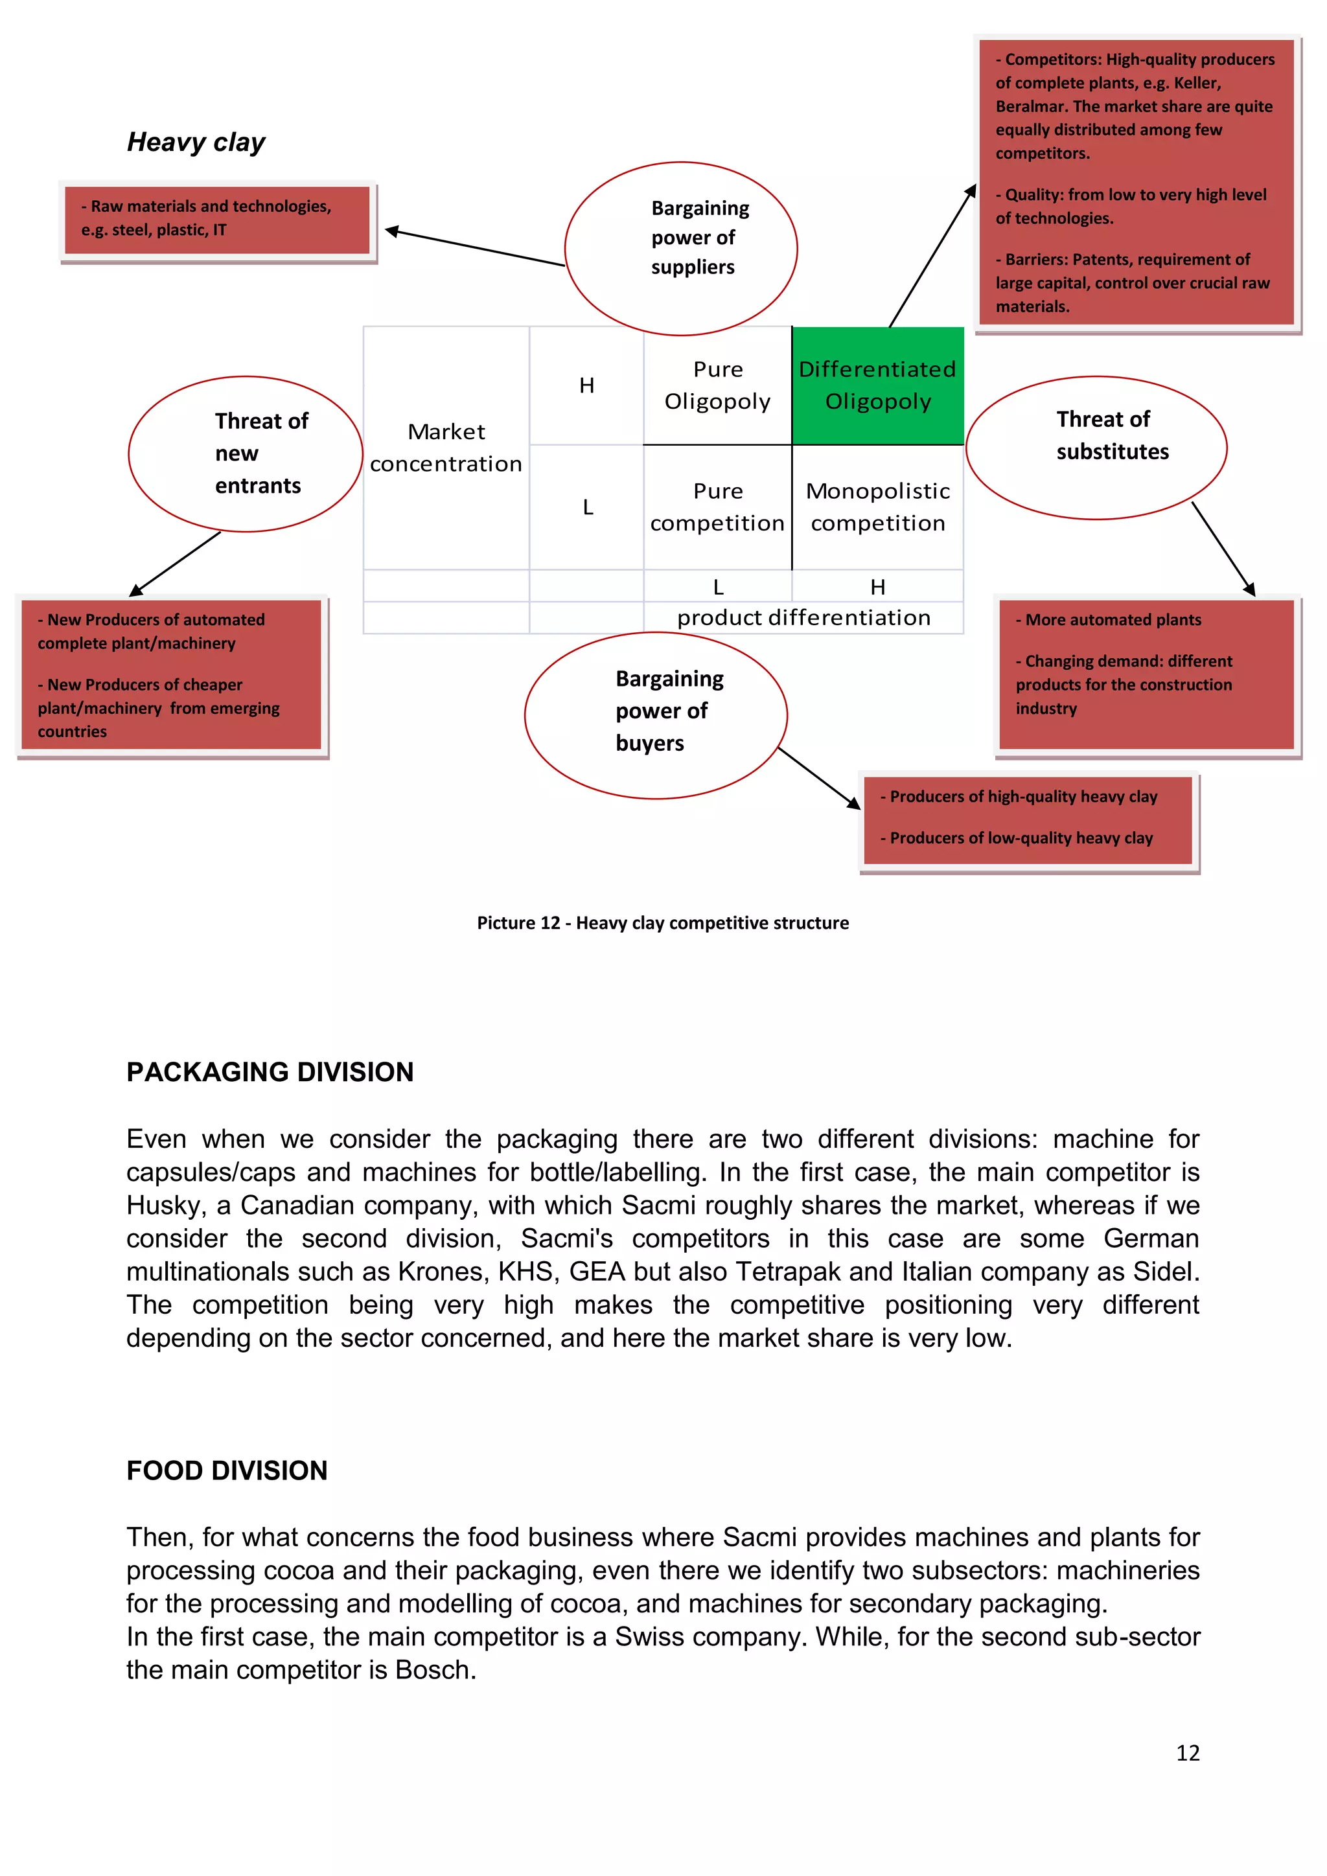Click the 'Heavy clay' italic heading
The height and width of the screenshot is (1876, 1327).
click(196, 142)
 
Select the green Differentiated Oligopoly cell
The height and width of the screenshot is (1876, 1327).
click(877, 385)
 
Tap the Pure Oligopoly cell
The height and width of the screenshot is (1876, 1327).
click(717, 385)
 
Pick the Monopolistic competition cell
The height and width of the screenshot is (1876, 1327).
click(877, 507)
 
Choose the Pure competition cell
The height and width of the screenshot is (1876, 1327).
click(717, 507)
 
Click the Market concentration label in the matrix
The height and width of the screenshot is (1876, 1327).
click(446, 448)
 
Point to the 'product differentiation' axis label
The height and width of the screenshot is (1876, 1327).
click(804, 618)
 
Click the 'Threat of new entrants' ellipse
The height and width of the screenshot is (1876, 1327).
click(245, 453)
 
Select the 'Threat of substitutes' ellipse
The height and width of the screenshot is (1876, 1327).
click(1096, 447)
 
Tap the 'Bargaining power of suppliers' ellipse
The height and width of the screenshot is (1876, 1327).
click(680, 248)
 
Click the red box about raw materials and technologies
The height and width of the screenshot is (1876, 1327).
click(217, 220)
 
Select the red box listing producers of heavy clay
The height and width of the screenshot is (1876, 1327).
click(1028, 819)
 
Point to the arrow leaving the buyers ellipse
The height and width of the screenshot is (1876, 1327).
click(819, 778)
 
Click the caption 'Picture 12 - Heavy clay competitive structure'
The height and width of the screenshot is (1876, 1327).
click(663, 923)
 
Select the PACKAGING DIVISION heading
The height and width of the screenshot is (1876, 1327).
click(270, 1072)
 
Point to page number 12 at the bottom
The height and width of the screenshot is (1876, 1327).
click(1187, 1754)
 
